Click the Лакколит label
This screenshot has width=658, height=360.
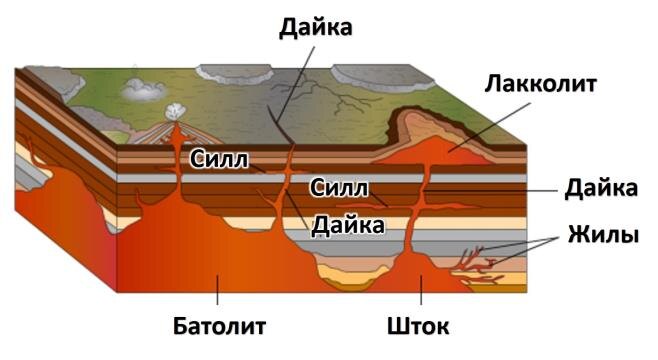540,84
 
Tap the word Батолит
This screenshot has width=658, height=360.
218,327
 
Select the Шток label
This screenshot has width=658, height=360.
418,327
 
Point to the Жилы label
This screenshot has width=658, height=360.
603,236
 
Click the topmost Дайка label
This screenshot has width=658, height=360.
315,27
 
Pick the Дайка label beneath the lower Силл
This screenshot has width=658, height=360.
347,224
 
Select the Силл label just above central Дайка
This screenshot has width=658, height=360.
339,187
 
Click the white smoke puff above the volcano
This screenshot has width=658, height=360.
176,113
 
